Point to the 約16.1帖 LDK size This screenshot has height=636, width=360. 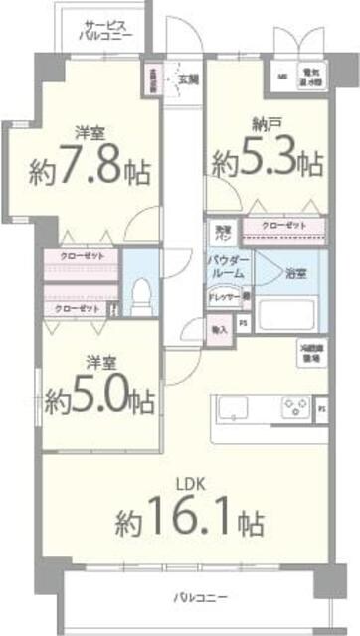(x=188, y=517)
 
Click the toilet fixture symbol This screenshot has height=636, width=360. (x=140, y=291)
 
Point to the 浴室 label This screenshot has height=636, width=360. (x=295, y=271)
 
